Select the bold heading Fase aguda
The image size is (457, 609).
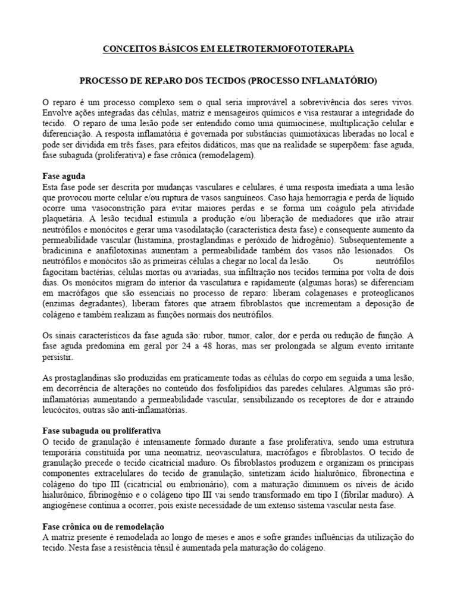click(64, 177)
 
